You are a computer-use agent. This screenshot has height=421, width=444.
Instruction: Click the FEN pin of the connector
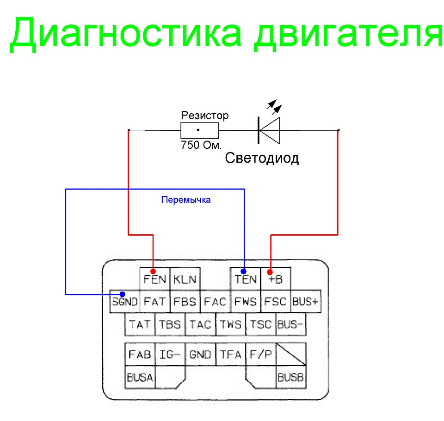pyautogui.click(x=154, y=279)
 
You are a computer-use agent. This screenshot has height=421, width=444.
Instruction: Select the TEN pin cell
pyautogui.click(x=245, y=279)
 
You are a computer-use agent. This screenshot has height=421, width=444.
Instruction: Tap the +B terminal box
pyautogui.click(x=276, y=279)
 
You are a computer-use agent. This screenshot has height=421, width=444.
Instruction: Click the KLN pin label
pyautogui.click(x=185, y=279)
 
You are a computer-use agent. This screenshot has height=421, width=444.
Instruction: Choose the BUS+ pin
pyautogui.click(x=306, y=302)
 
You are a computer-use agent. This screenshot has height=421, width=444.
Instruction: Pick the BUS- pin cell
pyautogui.click(x=290, y=324)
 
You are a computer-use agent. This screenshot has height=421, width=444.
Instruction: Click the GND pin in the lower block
pyautogui.click(x=200, y=354)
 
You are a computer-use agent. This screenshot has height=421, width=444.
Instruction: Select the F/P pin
pyautogui.click(x=261, y=354)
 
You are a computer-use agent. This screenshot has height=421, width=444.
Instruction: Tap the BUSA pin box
pyautogui.click(x=140, y=378)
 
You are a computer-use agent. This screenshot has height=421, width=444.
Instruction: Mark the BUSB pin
pyautogui.click(x=291, y=378)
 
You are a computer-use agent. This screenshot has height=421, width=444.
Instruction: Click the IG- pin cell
pyautogui.click(x=170, y=354)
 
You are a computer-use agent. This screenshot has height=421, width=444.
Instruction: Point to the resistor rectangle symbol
pyautogui.click(x=199, y=131)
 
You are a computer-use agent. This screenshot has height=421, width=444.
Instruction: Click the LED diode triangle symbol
pyautogui.click(x=270, y=130)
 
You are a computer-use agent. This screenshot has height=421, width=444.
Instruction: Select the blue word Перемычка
pyautogui.click(x=186, y=200)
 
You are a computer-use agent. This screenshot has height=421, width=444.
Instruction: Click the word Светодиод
pyautogui.click(x=262, y=159)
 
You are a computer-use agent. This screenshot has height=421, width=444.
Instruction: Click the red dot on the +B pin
pyautogui.click(x=271, y=272)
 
